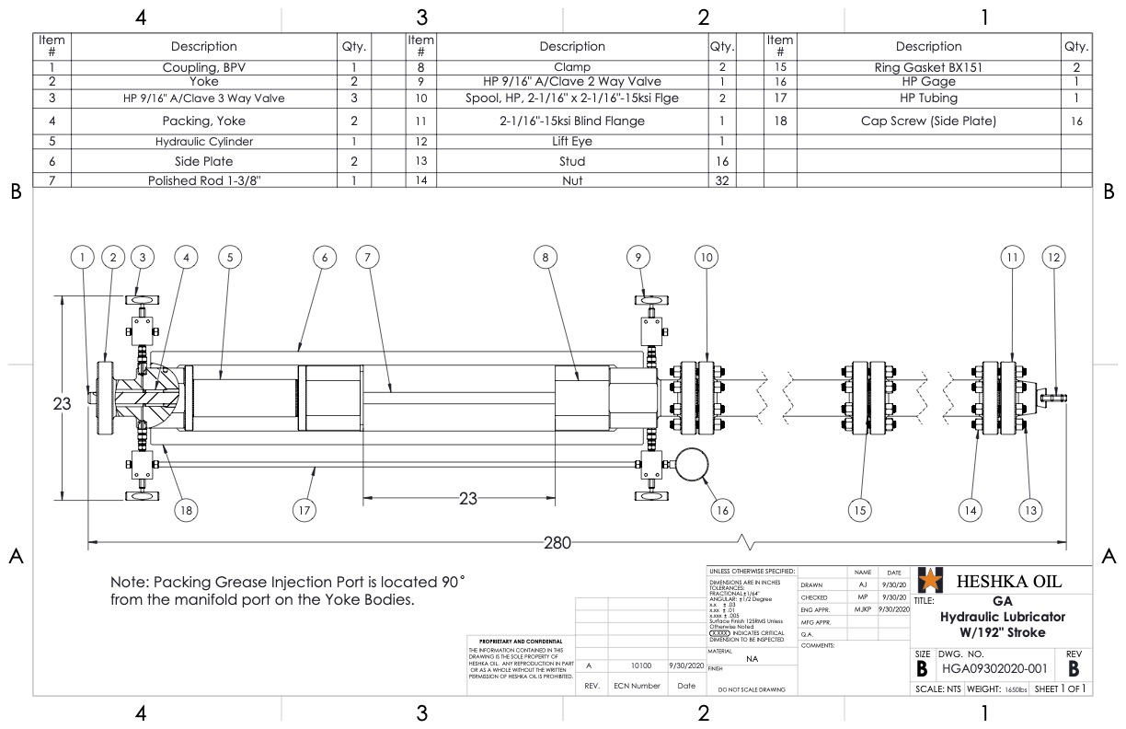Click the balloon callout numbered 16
click(x=722, y=509)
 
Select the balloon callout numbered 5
click(x=229, y=258)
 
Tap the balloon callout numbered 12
click(x=1054, y=258)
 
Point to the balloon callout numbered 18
click(x=187, y=509)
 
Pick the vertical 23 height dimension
click(x=61, y=402)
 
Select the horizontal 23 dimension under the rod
click(x=468, y=499)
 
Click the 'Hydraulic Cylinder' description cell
click(x=203, y=142)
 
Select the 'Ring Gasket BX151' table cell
click(x=928, y=67)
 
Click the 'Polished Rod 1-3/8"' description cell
click(x=203, y=181)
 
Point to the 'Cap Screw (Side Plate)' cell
click(x=928, y=121)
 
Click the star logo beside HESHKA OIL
click(x=930, y=581)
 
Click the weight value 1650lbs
click(x=1010, y=688)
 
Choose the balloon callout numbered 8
click(x=546, y=258)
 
